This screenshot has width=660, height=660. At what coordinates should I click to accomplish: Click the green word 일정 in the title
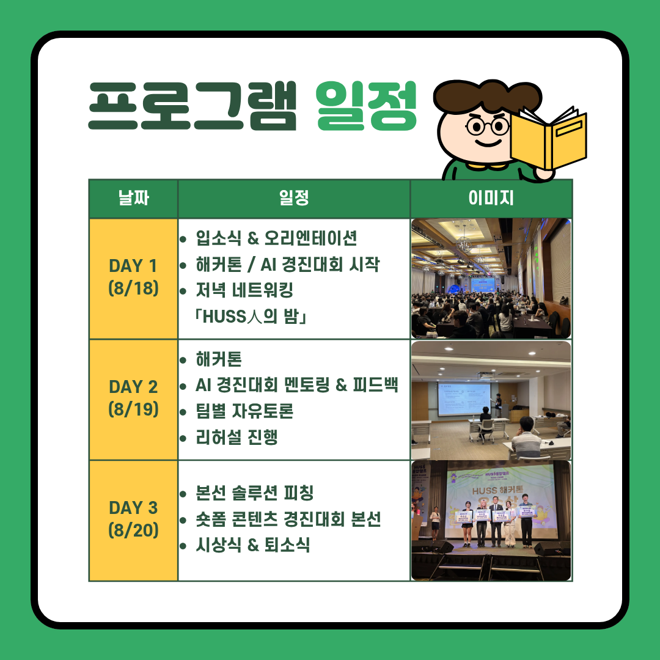click(x=366, y=106)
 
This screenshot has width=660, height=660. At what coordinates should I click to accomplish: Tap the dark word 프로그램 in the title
click(x=193, y=106)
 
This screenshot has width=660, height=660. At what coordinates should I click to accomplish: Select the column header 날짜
click(x=133, y=198)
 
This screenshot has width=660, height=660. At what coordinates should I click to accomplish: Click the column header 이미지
click(x=491, y=198)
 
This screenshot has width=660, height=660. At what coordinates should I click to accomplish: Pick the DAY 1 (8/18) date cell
click(x=133, y=278)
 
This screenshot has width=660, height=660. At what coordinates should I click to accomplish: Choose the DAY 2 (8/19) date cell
click(x=133, y=399)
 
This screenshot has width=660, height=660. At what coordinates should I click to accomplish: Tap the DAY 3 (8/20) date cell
click(x=133, y=520)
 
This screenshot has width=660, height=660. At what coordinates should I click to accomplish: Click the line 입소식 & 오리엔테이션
click(x=276, y=238)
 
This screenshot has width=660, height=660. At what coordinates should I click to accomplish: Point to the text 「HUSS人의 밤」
click(x=251, y=317)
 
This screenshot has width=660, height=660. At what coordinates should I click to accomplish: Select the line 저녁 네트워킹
click(x=244, y=290)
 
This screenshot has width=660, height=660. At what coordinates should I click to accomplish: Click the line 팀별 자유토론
click(x=244, y=411)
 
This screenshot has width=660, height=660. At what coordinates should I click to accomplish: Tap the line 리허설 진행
click(x=237, y=438)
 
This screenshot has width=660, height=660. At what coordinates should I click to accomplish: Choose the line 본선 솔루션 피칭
click(x=255, y=493)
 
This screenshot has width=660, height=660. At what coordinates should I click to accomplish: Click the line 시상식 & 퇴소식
click(x=253, y=545)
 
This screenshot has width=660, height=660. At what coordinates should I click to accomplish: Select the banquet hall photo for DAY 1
click(x=491, y=278)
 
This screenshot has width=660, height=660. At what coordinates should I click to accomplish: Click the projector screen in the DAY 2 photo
click(x=464, y=398)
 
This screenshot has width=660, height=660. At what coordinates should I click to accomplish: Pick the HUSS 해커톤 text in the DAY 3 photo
click(x=497, y=490)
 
